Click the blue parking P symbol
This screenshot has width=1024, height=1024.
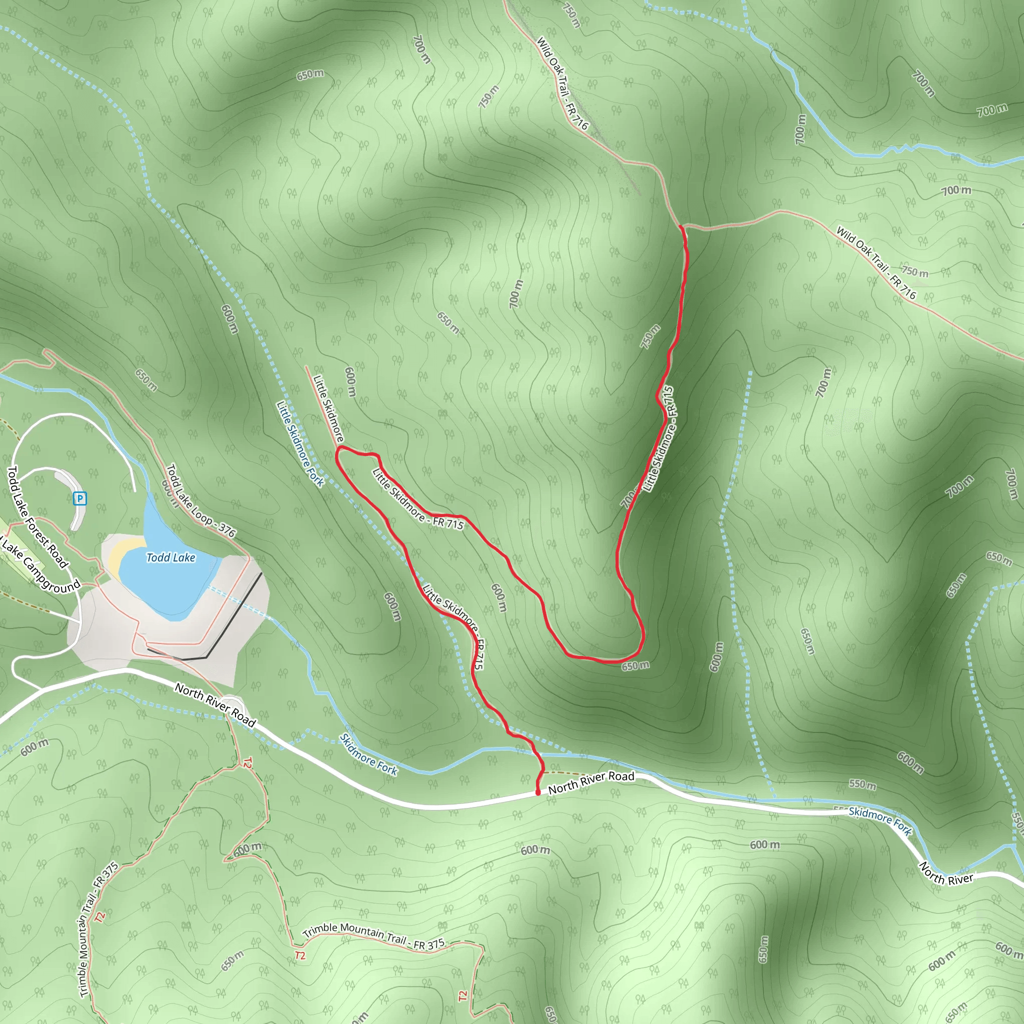click(79, 498)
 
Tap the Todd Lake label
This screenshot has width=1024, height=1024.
click(170, 557)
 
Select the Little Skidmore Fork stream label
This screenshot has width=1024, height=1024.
click(299, 443)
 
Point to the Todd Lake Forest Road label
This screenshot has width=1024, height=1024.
click(37, 517)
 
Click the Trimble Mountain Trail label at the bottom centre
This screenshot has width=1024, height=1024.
click(373, 935)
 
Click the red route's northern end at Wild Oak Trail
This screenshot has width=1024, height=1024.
click(680, 227)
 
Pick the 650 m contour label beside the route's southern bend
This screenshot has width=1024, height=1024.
click(635, 665)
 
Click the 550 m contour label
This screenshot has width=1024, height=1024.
click(862, 784)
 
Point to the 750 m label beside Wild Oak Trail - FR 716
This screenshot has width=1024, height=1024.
click(915, 271)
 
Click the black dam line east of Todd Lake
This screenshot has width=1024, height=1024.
click(233, 615)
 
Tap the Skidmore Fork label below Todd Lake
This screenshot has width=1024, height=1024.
click(368, 754)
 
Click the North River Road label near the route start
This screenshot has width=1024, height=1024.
click(591, 782)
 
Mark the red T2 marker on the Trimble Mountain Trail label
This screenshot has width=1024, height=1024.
click(300, 955)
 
